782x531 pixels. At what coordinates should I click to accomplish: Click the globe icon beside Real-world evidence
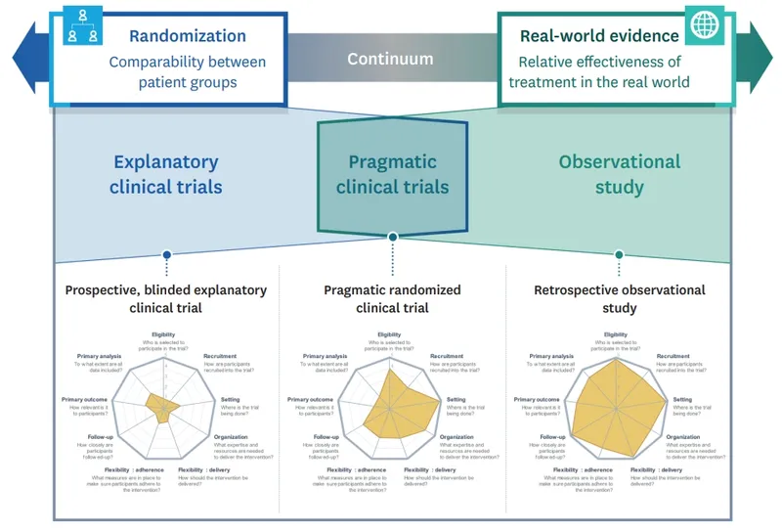click(703, 27)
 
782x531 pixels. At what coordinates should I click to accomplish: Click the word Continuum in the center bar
click(390, 59)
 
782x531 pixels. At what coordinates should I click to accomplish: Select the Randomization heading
click(188, 36)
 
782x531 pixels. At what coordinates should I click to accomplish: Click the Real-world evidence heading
click(599, 36)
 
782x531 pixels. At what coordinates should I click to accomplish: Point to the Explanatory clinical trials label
click(166, 174)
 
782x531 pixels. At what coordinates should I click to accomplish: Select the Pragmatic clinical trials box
click(393, 174)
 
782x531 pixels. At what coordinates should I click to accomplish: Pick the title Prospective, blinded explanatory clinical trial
click(165, 298)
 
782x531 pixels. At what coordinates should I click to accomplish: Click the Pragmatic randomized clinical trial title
click(392, 298)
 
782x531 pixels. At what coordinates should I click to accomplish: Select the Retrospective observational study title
click(619, 298)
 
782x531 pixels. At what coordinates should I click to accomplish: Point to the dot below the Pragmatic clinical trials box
click(393, 237)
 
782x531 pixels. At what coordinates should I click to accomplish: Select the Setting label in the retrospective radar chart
click(681, 399)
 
